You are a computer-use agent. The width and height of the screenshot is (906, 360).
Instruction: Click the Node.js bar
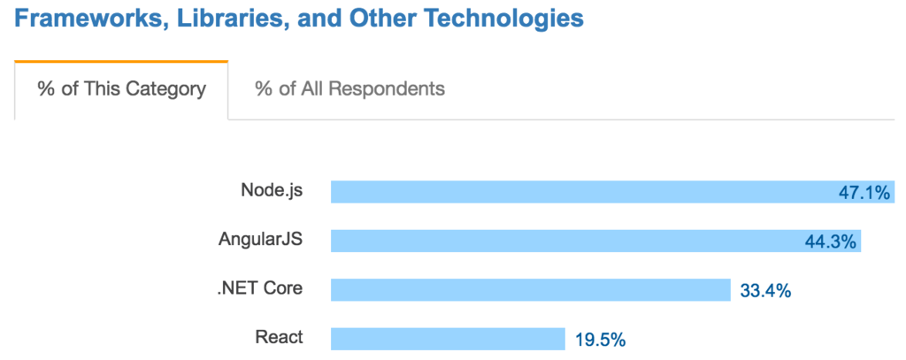coord(575,192)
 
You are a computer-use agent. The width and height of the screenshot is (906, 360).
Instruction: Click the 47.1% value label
coord(864,193)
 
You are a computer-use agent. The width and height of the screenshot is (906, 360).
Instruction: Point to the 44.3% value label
coord(831,241)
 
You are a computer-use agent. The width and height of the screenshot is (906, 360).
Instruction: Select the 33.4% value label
coord(764,290)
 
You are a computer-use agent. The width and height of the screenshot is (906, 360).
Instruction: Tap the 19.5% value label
coord(600,339)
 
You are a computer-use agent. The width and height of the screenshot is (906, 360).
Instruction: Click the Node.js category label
coord(272,191)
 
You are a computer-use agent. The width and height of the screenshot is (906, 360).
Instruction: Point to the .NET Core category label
coord(260,288)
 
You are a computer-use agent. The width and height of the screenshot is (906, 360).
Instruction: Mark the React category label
coord(279,337)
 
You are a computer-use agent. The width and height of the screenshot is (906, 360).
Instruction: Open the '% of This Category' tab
coord(121,89)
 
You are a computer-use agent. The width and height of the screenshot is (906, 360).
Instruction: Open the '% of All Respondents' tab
coord(349,89)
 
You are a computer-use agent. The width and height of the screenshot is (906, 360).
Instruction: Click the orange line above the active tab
coord(121,62)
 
